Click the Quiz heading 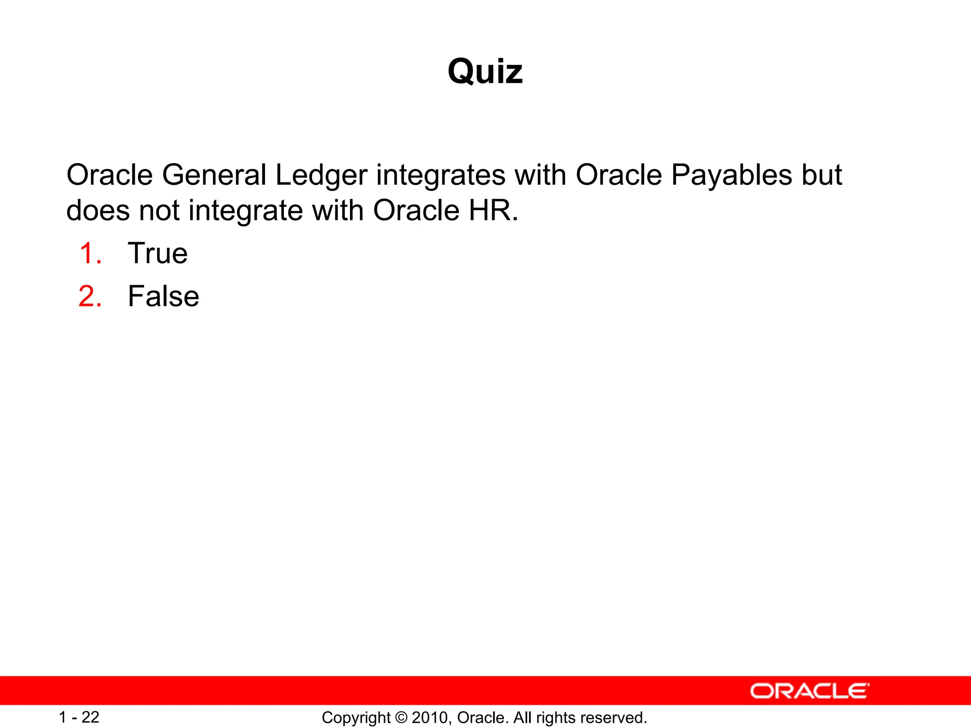pos(485,72)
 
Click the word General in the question pos(214,175)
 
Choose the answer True pos(158,253)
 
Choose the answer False pos(164,296)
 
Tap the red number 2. pos(90,296)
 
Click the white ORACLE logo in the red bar pos(810,691)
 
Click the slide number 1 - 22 pos(79,717)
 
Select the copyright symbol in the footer pos(401,718)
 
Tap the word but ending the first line pos(822,175)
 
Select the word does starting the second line pos(98,210)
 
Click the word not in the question pos(159,211)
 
